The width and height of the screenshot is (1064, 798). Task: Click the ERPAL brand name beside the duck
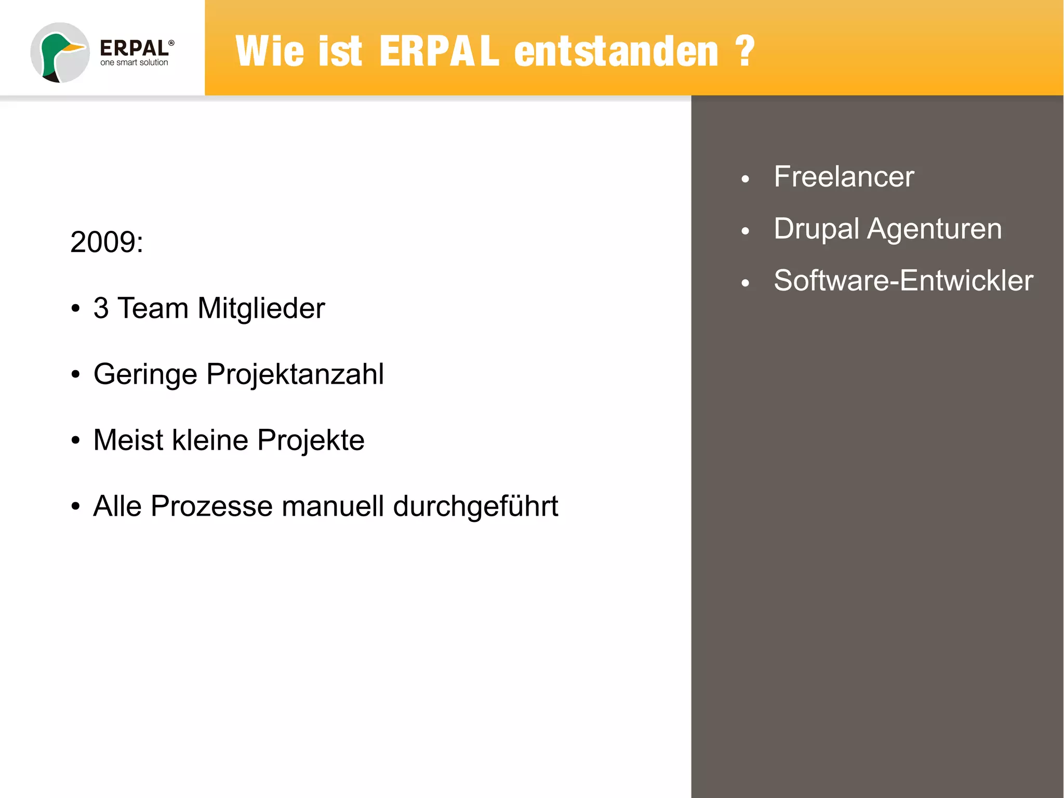[x=134, y=48]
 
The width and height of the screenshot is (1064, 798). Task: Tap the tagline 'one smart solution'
[x=134, y=63]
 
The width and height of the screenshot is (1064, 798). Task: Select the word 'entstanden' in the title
[x=616, y=51]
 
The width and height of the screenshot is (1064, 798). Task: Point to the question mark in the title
[x=745, y=51]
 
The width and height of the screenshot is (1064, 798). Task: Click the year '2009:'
[x=107, y=242]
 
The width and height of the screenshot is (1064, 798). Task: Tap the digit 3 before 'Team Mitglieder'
[x=101, y=308]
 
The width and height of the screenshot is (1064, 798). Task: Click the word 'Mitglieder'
[x=261, y=308]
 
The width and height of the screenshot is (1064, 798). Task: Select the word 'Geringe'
[x=145, y=374]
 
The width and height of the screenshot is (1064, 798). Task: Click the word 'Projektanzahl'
[x=295, y=374]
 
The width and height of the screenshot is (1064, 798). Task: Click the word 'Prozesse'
[x=211, y=506]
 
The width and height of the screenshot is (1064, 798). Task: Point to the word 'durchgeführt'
[x=475, y=506]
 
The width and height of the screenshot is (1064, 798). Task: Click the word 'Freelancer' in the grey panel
[x=844, y=177]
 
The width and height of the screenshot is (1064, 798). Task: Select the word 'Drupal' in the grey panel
[x=816, y=229]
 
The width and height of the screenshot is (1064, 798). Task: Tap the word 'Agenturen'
[x=934, y=229]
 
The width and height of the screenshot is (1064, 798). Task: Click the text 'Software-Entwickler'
[x=903, y=281]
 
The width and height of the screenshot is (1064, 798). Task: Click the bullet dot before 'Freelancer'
[x=746, y=179]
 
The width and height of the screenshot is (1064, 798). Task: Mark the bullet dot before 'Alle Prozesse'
[x=76, y=506]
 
